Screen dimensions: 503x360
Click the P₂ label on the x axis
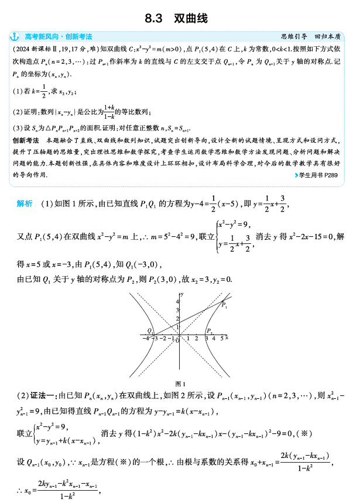tap(209, 331)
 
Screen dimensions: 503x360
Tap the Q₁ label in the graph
tap(150, 331)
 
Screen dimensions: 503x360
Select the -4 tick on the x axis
tap(144, 339)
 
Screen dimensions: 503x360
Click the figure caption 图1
tap(180, 384)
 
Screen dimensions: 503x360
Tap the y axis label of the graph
tap(183, 292)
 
